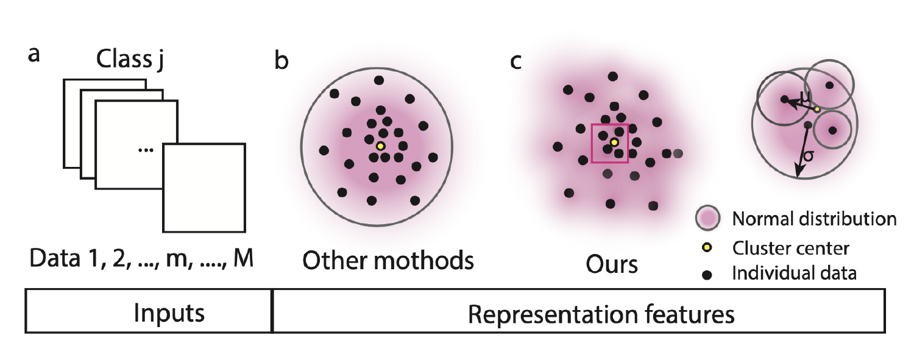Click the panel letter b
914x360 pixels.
point(282,61)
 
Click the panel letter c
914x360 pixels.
point(516,61)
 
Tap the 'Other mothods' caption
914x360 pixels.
point(388,260)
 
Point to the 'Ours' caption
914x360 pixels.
point(612,266)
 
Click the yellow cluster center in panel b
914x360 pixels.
point(380,146)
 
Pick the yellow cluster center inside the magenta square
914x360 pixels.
point(614,143)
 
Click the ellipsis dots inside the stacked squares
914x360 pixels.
point(145,150)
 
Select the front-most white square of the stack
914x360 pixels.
point(204,188)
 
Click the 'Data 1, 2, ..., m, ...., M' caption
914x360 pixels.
point(140,262)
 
